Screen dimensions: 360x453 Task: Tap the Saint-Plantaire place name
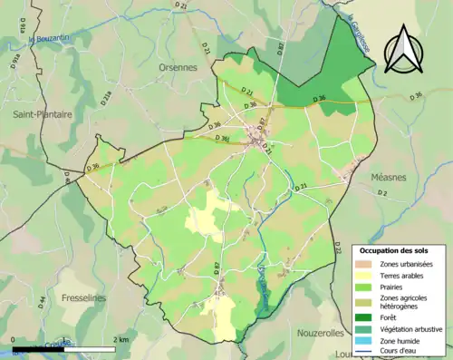coord(42,114)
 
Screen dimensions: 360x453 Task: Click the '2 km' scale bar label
coord(122,339)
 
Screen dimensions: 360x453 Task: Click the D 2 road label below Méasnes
coord(381,194)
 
